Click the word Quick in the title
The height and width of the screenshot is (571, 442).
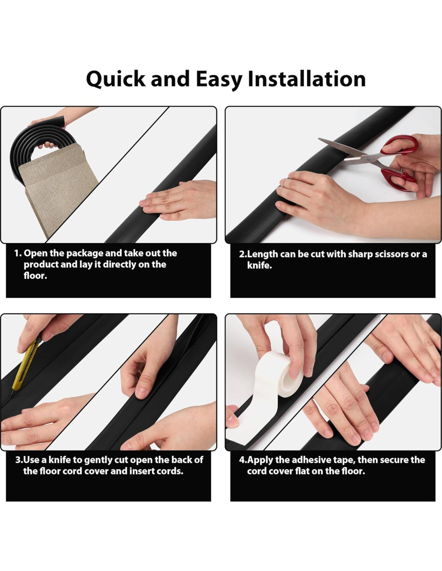click(x=116, y=79)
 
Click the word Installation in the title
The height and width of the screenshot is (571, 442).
click(x=307, y=79)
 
